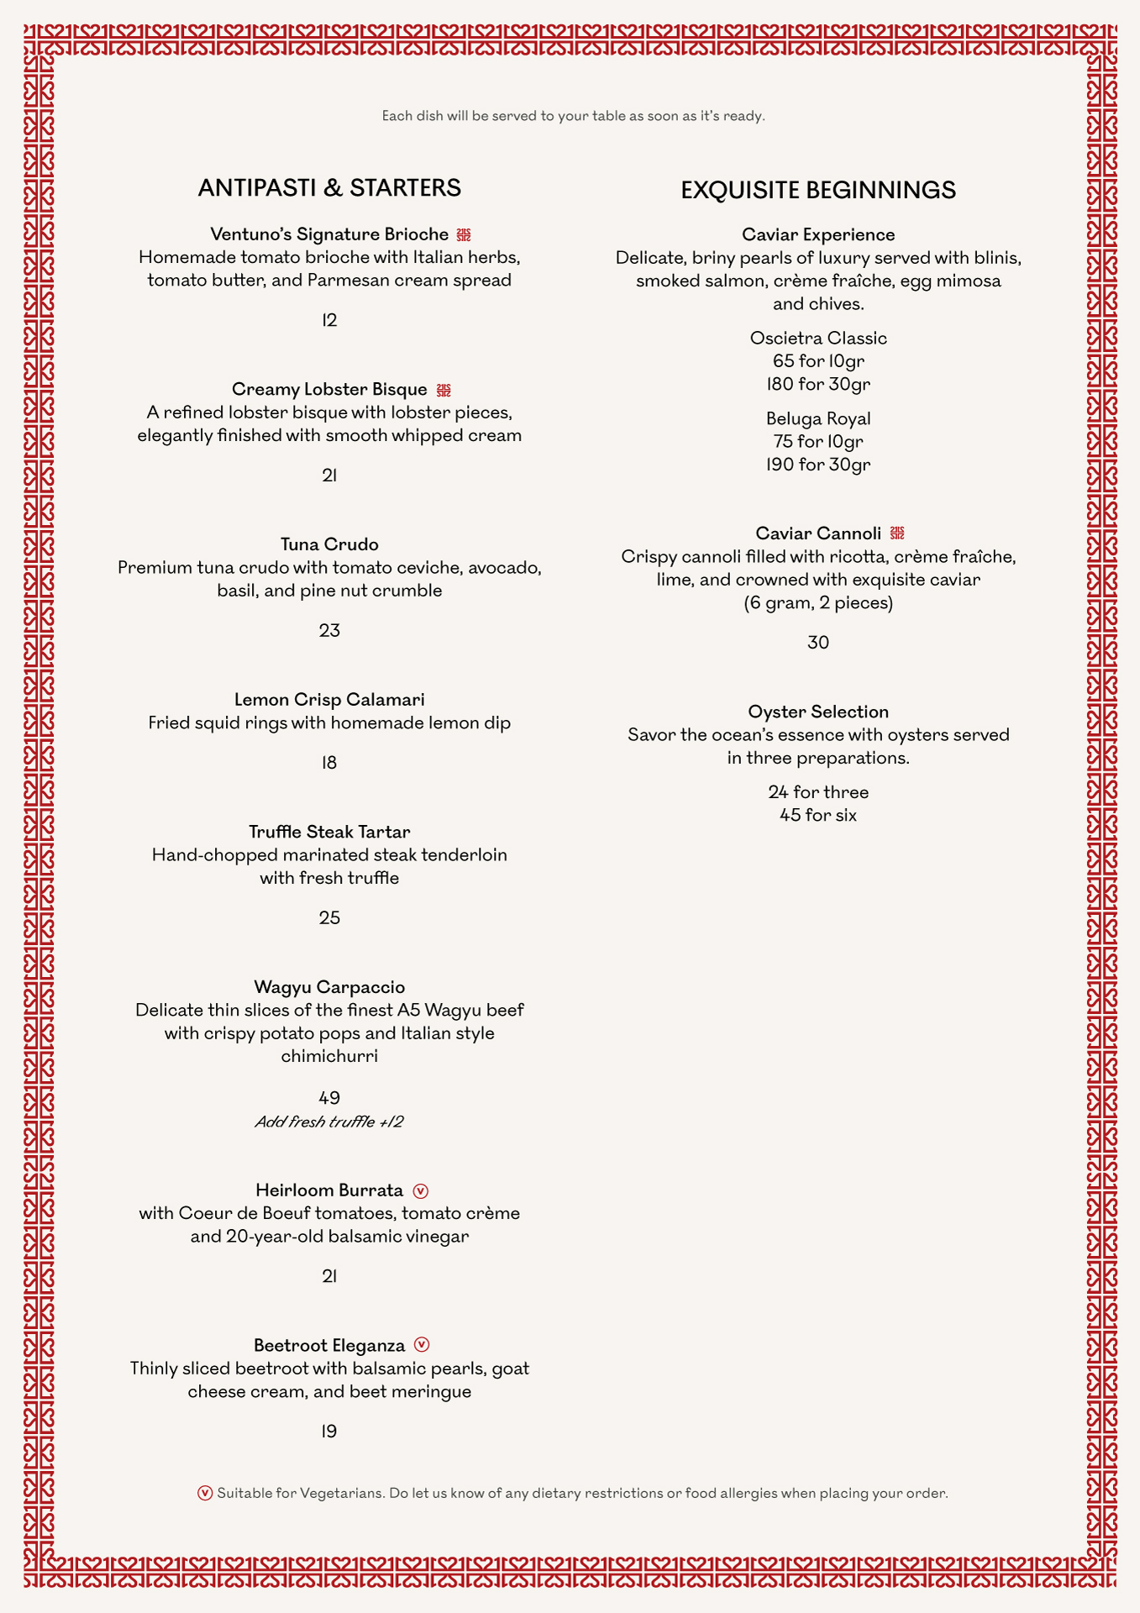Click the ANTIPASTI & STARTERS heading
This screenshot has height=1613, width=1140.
click(x=329, y=188)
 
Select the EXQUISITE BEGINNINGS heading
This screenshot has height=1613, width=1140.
click(x=817, y=191)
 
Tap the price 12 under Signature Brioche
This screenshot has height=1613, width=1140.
click(x=329, y=320)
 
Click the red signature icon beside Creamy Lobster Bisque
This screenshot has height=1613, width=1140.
click(x=444, y=390)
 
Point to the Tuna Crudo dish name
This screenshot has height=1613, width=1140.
click(x=329, y=544)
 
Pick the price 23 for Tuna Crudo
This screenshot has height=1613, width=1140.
click(x=329, y=631)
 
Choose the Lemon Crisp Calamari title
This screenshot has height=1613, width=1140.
click(x=329, y=700)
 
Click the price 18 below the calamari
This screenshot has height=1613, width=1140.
click(x=329, y=763)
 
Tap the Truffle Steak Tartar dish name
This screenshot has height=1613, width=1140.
click(x=329, y=832)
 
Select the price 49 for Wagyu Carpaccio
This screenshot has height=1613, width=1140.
click(x=329, y=1098)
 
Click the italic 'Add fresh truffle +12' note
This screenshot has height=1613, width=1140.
click(x=329, y=1122)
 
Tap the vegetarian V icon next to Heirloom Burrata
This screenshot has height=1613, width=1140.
click(x=421, y=1191)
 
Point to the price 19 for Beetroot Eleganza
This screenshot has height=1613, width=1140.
click(x=329, y=1432)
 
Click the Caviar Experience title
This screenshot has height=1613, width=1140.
click(x=817, y=234)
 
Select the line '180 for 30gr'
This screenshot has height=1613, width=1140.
click(x=817, y=384)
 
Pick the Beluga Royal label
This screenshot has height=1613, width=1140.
click(x=817, y=418)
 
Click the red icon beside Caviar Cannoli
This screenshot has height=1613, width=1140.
click(x=897, y=533)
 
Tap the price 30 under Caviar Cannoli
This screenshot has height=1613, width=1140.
click(x=817, y=643)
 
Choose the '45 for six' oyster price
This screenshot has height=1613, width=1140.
click(x=817, y=815)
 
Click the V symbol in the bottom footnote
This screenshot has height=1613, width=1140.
click(x=205, y=1493)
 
